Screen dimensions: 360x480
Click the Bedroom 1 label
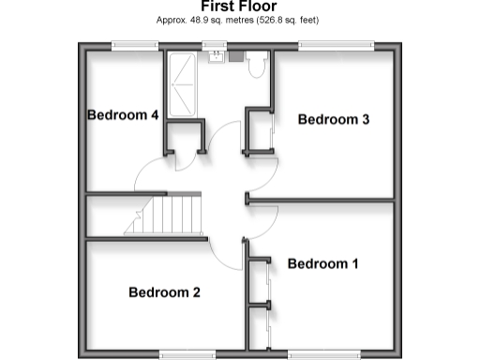[x=322, y=263]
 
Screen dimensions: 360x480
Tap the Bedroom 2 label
[x=164, y=292]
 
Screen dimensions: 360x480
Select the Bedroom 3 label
[x=334, y=119]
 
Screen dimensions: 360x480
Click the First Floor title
[x=239, y=6]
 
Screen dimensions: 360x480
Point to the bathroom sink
[x=216, y=55]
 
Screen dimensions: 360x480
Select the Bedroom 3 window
[x=337, y=44]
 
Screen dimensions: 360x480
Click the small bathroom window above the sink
[x=216, y=44]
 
